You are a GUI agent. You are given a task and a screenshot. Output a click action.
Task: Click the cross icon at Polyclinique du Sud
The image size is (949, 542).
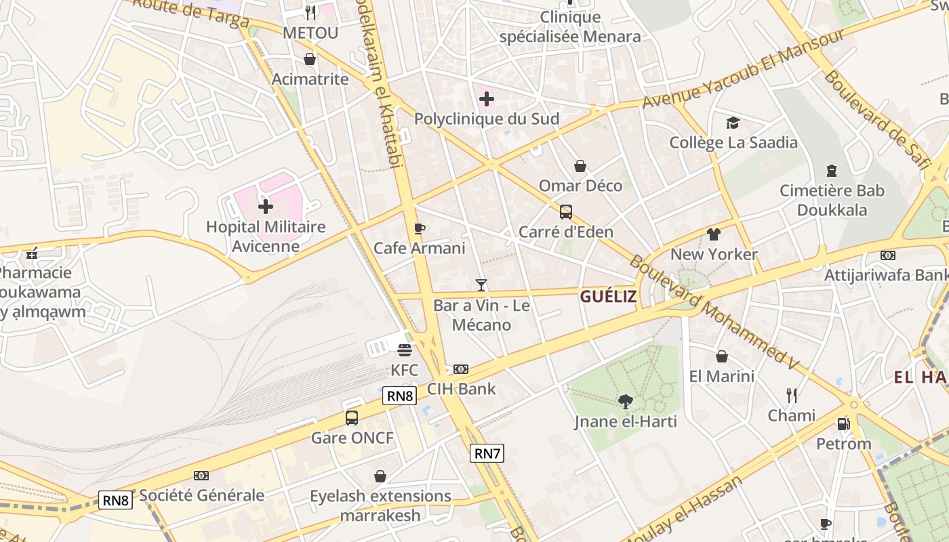pos(486,99)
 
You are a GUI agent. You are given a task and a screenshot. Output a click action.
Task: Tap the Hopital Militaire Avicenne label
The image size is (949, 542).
pos(266,236)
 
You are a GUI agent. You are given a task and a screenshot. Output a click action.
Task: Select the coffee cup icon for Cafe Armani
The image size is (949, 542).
pos(420,228)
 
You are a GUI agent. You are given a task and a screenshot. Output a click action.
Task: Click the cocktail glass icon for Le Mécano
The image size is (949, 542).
pos(481,285)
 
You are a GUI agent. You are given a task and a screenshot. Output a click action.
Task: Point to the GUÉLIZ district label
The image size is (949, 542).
pos(608,296)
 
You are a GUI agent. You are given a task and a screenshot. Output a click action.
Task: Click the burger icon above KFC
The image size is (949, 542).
pos(405,350)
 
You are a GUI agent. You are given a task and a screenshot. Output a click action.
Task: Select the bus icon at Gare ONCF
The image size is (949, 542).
pos(352,417)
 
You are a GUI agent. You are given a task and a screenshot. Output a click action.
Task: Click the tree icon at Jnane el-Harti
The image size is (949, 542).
pos(626,402)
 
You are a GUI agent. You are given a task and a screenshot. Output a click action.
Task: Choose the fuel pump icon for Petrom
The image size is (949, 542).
pos(843,424)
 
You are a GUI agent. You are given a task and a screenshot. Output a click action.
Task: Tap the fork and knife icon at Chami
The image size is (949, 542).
pos(791,395)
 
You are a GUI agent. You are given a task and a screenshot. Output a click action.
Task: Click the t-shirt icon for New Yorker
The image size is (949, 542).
pos(713,234)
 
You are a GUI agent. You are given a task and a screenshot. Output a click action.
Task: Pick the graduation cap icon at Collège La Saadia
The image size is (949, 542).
pos(733,123)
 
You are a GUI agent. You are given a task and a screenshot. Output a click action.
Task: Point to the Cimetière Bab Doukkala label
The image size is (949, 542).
pos(832,201)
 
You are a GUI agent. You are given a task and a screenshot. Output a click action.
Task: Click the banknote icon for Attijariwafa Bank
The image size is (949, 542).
pos(888,255)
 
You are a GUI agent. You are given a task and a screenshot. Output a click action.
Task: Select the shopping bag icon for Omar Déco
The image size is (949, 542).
pos(580,166)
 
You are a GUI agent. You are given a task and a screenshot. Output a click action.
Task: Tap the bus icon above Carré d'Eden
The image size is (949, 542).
pos(566,212)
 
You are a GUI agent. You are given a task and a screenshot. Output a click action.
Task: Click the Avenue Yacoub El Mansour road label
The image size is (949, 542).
pos(743,68)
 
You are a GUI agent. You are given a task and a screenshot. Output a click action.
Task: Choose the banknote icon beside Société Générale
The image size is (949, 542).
pos(201,476)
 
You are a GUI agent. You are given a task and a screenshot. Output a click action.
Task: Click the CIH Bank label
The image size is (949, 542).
pos(461,389)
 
